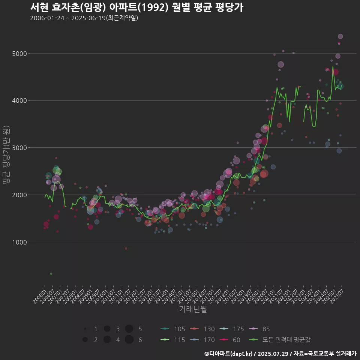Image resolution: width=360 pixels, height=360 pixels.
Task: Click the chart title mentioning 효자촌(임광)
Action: pyautogui.click(x=136, y=7)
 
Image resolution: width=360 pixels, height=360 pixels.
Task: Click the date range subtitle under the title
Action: pyautogui.click(x=84, y=18)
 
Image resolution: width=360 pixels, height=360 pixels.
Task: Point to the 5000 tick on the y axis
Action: pyautogui.click(x=19, y=53)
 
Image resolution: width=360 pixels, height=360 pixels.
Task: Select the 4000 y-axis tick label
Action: pyautogui.click(x=19, y=100)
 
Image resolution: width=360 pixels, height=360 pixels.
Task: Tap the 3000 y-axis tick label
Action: pyautogui.click(x=19, y=148)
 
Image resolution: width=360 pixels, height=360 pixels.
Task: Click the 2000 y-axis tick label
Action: pyautogui.click(x=19, y=195)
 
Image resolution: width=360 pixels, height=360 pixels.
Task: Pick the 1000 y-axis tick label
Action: pyautogui.click(x=19, y=242)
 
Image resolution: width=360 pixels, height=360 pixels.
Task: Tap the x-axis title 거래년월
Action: pyautogui.click(x=193, y=309)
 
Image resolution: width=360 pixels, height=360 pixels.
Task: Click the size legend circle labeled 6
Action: pyautogui.click(x=129, y=340)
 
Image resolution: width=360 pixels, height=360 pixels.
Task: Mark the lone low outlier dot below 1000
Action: pyautogui.click(x=51, y=273)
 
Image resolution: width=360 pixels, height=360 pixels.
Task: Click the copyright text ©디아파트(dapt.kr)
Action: pyautogui.click(x=229, y=354)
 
